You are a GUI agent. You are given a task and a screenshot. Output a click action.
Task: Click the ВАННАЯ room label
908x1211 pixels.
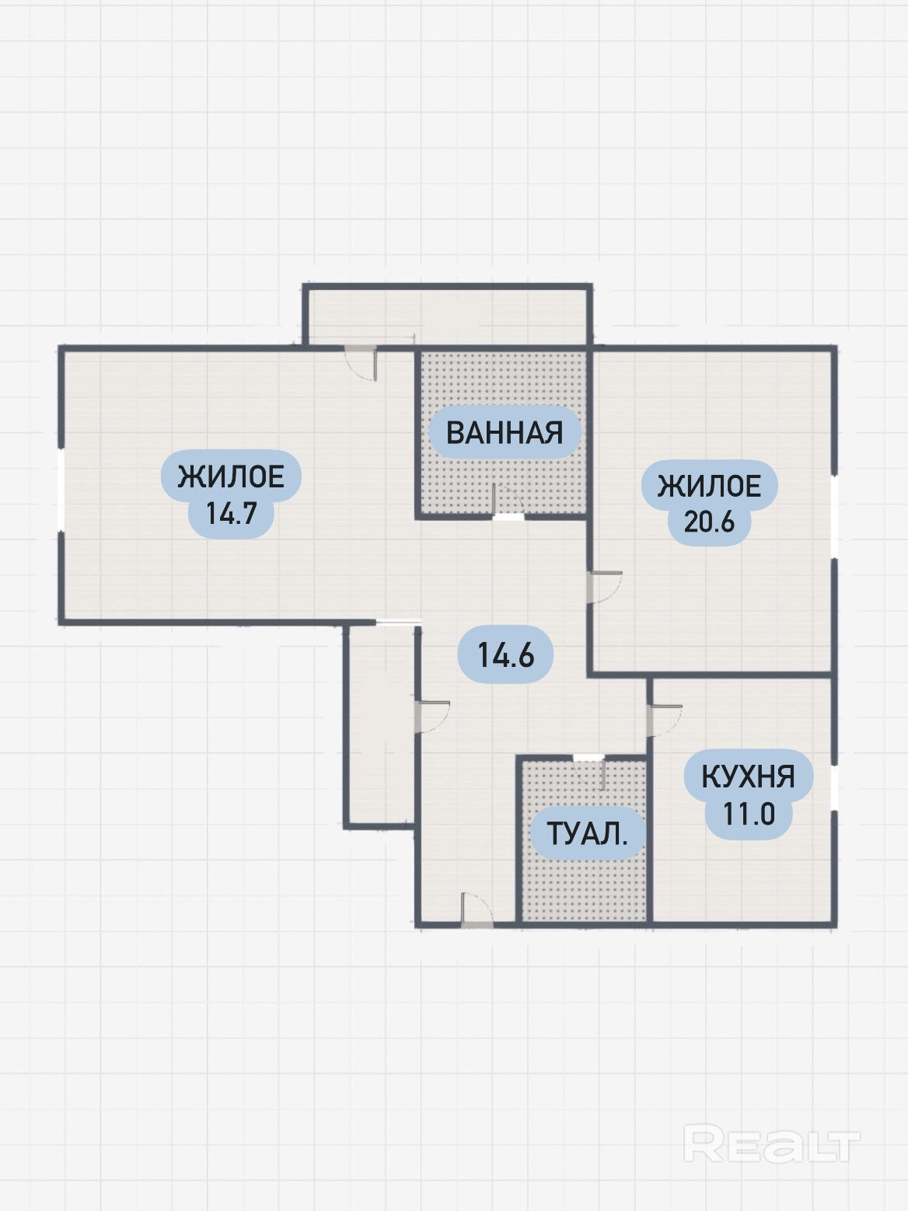505,432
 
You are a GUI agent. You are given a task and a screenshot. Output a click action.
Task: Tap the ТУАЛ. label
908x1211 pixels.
587,834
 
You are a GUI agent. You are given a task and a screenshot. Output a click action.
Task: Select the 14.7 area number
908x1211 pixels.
231,513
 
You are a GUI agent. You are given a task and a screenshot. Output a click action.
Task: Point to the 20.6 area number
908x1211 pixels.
709,521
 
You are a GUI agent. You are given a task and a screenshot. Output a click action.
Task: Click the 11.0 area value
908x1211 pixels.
749,814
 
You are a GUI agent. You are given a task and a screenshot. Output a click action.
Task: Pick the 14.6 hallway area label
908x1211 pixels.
505,655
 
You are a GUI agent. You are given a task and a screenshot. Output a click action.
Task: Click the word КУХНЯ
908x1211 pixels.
748,777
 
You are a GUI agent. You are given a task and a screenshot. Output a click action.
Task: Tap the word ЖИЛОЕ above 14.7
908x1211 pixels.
231,476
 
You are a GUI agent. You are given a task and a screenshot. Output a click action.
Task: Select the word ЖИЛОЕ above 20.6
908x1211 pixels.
709,486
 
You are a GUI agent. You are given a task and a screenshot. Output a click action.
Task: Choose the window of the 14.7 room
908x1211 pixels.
61,490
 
